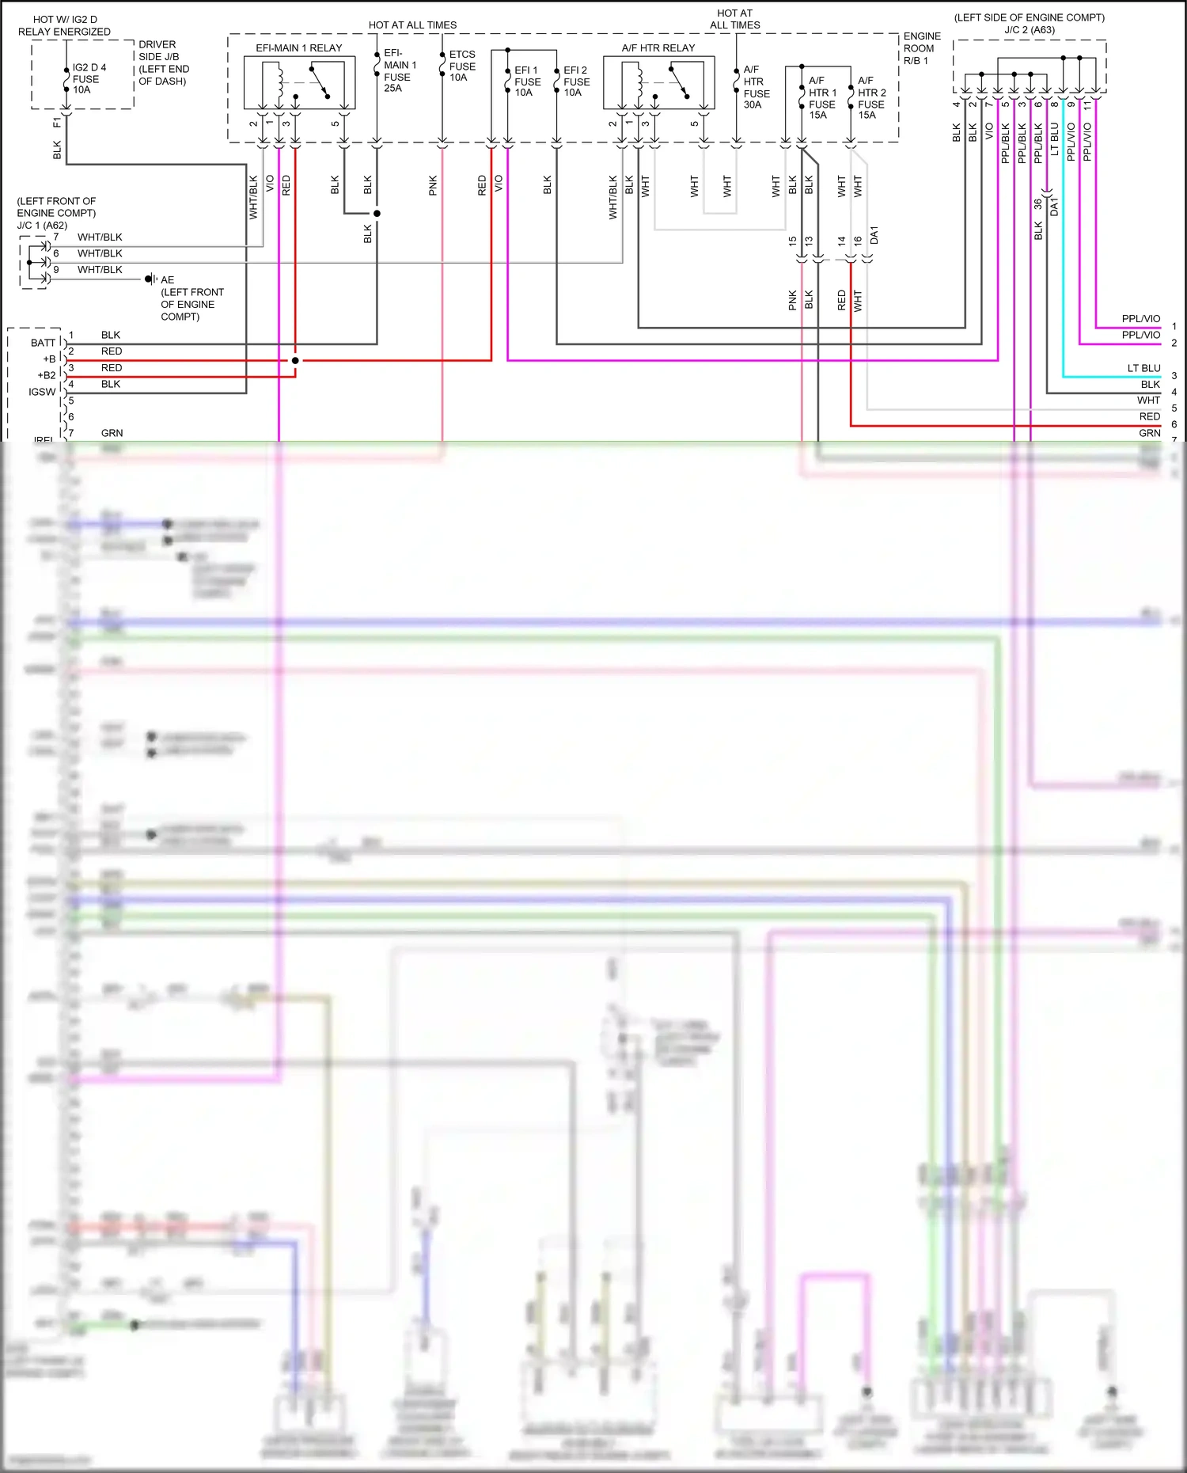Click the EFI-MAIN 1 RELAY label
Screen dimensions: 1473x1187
click(298, 48)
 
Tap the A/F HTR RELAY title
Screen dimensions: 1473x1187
click(658, 48)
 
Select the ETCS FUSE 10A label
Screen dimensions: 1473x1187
click(462, 66)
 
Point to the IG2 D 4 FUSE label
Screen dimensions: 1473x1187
click(88, 78)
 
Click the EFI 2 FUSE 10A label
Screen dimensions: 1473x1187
click(575, 82)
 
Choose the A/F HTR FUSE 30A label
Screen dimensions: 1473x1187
click(756, 87)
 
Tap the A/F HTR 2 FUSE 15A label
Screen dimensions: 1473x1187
click(871, 98)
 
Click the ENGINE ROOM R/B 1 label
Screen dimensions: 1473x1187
click(922, 48)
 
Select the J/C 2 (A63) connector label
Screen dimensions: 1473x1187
click(1030, 30)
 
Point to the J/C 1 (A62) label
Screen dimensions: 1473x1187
click(42, 226)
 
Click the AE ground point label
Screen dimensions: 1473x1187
click(168, 280)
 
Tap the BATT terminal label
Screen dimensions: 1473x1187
click(43, 343)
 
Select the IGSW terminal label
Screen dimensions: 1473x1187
click(42, 392)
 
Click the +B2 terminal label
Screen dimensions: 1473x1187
click(47, 375)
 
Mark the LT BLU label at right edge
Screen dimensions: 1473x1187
click(1143, 368)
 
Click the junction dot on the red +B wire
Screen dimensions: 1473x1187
click(295, 360)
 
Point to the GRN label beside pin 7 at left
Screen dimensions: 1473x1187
click(112, 433)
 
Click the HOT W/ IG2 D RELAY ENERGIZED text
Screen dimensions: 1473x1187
click(65, 25)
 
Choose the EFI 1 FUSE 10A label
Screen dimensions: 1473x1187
click(527, 82)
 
